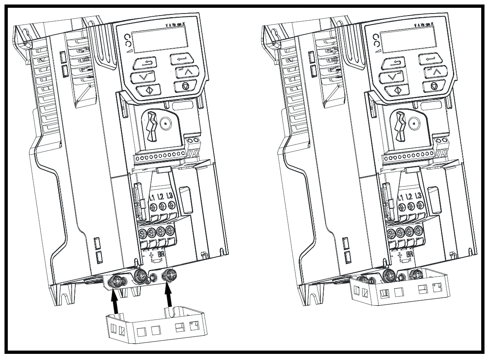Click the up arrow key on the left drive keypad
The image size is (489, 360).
click(x=184, y=73)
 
